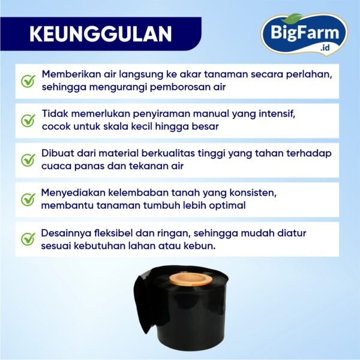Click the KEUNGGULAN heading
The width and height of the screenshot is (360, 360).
click(101, 34)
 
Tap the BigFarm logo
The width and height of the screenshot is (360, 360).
click(304, 34)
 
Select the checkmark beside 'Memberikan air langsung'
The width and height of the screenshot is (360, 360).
click(28, 81)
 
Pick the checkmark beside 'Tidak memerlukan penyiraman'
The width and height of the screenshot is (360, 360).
click(28, 121)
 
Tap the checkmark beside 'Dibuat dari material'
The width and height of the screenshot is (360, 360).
click(28, 160)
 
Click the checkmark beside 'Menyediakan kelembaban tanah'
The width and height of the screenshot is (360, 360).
click(28, 200)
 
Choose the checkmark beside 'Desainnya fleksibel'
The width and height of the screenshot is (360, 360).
click(28, 239)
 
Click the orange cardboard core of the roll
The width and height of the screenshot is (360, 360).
click(190, 279)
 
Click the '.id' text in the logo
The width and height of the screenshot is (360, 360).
click(325, 47)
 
